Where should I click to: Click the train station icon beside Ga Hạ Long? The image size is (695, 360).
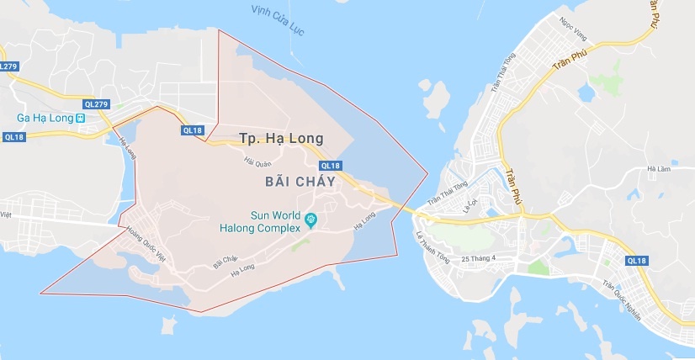(x=80, y=119)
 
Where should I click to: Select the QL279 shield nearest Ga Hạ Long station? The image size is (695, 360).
(x=95, y=103)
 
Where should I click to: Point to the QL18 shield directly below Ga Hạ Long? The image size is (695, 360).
(x=13, y=136)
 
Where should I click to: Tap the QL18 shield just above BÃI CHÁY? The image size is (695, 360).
(x=332, y=166)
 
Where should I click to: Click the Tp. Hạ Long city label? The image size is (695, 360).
(x=281, y=138)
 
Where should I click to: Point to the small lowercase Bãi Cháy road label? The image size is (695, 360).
(x=225, y=262)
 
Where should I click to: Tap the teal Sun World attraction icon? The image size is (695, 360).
(x=311, y=220)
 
